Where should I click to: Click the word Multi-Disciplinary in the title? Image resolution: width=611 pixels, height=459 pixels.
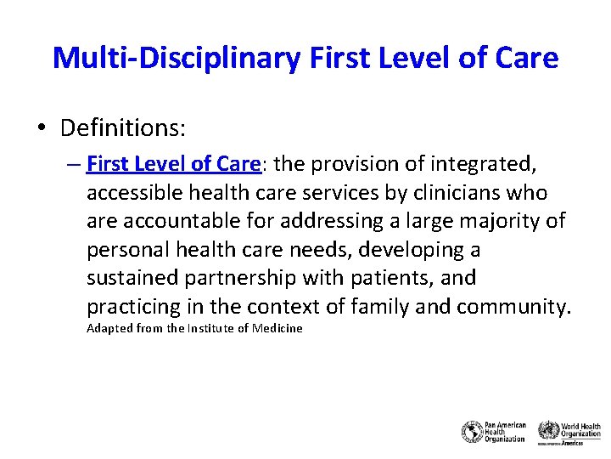(x=175, y=58)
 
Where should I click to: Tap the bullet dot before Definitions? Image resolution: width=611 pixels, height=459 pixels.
(x=42, y=129)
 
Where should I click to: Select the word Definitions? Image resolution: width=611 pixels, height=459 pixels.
(x=123, y=128)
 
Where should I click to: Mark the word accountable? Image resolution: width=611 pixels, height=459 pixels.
(x=181, y=221)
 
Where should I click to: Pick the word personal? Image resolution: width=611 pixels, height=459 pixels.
(x=122, y=250)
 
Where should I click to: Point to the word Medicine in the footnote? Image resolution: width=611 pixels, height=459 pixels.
(x=277, y=329)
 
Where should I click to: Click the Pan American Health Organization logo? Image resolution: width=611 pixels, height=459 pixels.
(x=494, y=431)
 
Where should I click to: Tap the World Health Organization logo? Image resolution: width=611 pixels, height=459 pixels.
(x=569, y=431)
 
